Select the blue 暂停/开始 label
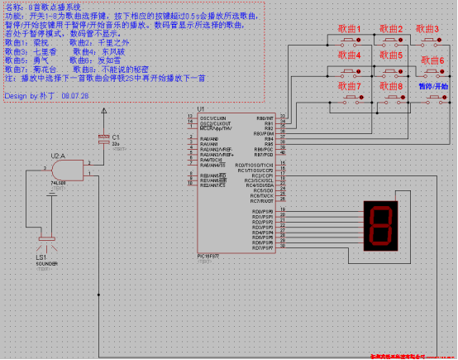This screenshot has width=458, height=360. tap(433, 85)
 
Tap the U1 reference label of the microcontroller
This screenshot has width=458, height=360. tap(201, 109)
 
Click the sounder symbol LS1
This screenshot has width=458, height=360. tap(45, 246)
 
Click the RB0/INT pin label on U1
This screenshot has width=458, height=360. tap(264, 118)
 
